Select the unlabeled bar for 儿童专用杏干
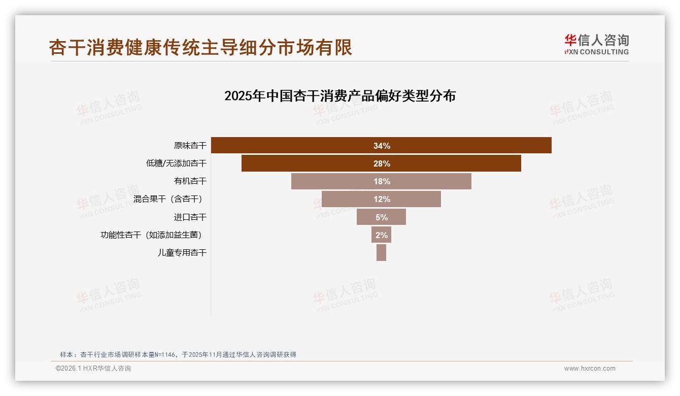[381, 253]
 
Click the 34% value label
[382, 146]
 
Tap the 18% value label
[382, 181]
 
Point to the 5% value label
[382, 217]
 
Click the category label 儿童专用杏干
[182, 253]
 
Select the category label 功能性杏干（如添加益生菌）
[154, 235]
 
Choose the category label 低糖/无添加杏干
[176, 163]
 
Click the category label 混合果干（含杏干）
[171, 199]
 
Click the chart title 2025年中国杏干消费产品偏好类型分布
[340, 96]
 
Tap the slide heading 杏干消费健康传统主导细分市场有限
[200, 47]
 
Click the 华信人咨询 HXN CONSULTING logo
[596, 45]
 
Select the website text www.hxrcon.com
[590, 369]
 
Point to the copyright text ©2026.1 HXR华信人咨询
[93, 369]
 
